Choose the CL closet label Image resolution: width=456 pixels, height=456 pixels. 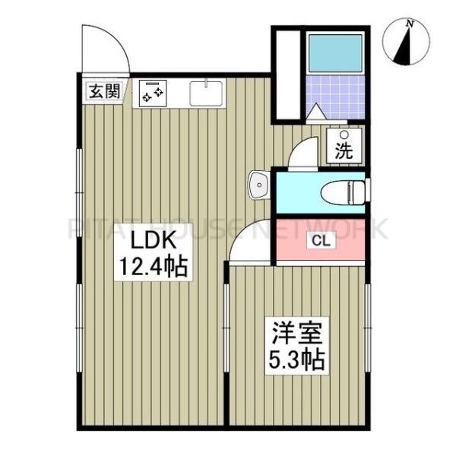coord(318,242)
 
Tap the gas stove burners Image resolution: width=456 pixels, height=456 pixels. coord(152,93)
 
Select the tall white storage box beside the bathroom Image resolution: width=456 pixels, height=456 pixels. coord(288,74)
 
